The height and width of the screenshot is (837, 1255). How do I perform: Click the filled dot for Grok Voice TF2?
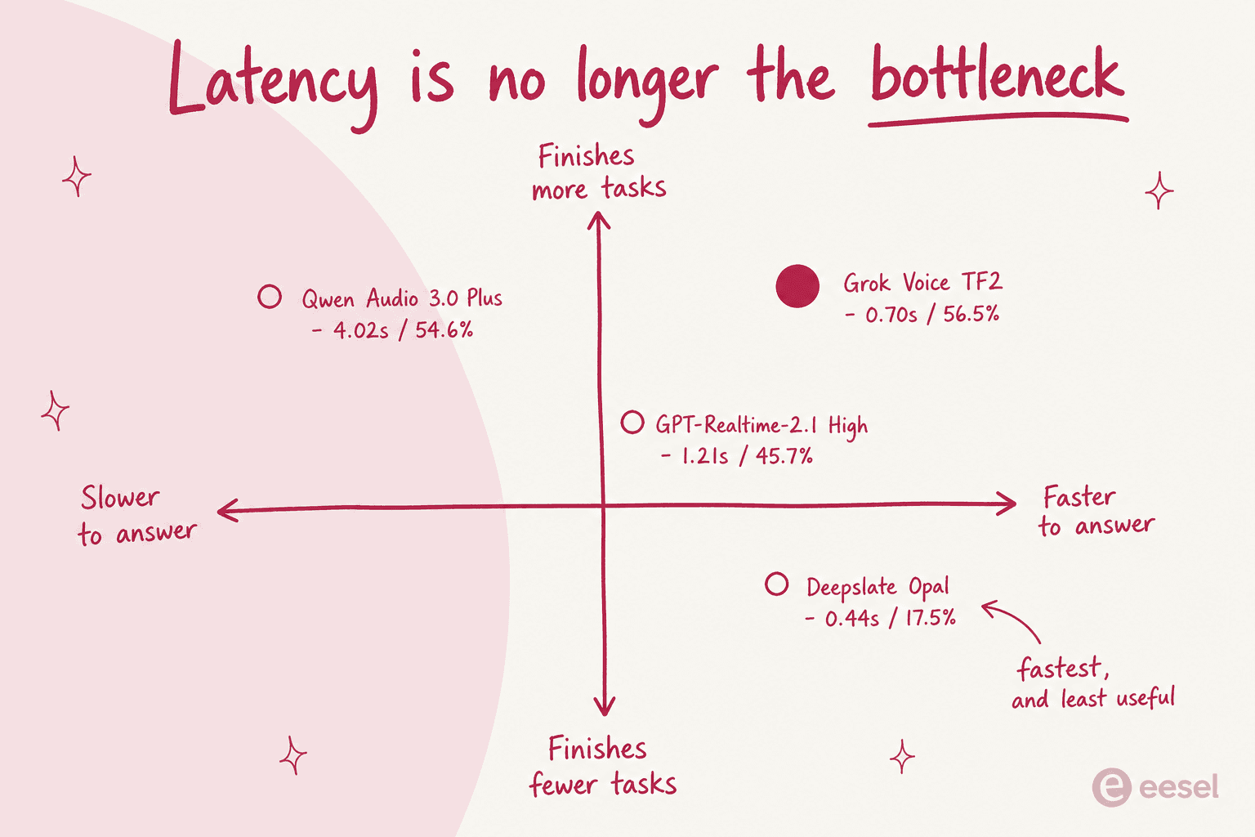(797, 286)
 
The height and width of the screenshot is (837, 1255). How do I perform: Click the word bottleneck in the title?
(998, 76)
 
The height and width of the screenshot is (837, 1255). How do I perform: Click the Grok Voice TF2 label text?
(922, 283)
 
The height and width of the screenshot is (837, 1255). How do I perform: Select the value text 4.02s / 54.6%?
(402, 330)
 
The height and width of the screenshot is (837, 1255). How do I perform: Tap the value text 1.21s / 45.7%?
(747, 456)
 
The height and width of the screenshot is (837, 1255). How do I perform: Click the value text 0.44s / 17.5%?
(890, 619)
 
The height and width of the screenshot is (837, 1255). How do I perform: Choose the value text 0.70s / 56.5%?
(931, 315)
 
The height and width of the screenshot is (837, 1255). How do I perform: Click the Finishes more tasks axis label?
(598, 172)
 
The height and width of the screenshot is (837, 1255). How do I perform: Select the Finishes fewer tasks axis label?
(602, 766)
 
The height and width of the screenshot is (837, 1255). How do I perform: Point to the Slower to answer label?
(137, 515)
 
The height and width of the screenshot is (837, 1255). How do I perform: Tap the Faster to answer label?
(1096, 511)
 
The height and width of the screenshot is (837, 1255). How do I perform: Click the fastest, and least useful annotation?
(1093, 683)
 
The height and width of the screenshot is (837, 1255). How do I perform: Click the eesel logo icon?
(1111, 787)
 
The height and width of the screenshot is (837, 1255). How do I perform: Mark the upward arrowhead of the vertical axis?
(598, 220)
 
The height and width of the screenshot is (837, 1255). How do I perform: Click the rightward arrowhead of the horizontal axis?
(1007, 503)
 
